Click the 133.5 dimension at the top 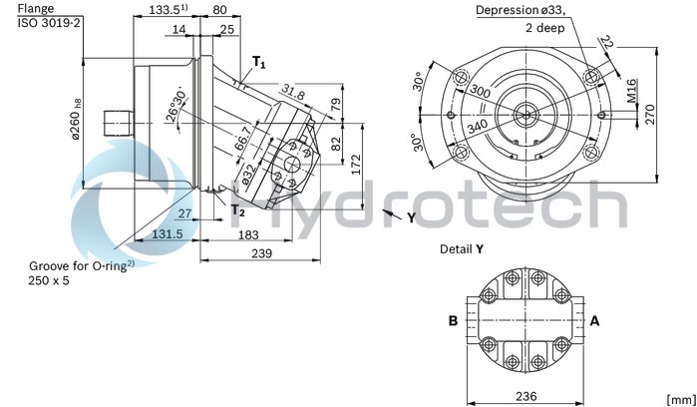pos(168,9)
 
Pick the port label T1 pos(258,64)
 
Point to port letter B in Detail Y pos(453,321)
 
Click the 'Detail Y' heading pos(462,247)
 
